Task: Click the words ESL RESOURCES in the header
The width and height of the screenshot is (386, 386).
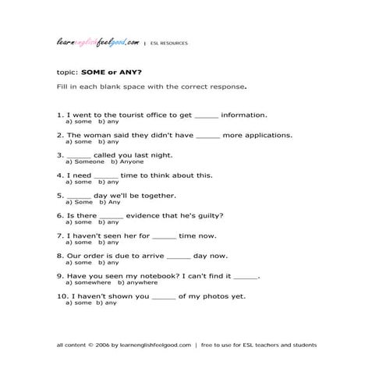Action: [169, 44]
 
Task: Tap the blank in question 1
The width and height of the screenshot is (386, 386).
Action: [207, 115]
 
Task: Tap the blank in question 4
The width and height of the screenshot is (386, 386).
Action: [107, 176]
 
